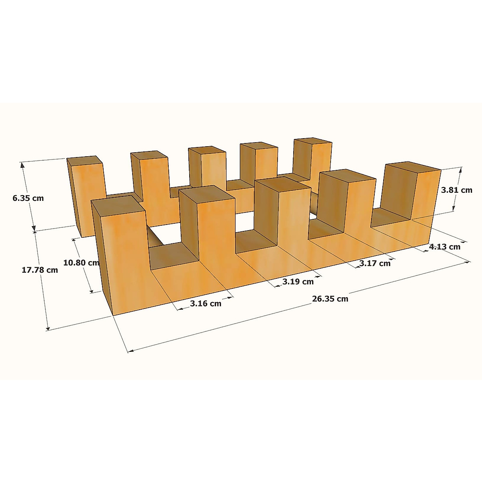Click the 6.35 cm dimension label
coord(28,198)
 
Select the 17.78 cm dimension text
coord(40,270)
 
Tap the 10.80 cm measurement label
coord(81,263)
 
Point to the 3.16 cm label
coord(206,303)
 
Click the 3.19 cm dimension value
coord(298,282)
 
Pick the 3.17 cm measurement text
coord(375,263)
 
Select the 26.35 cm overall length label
coord(330,298)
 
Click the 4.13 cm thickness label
coord(445,247)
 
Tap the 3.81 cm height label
coord(457,190)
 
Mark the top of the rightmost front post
coord(413,167)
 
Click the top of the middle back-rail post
coord(207,150)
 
